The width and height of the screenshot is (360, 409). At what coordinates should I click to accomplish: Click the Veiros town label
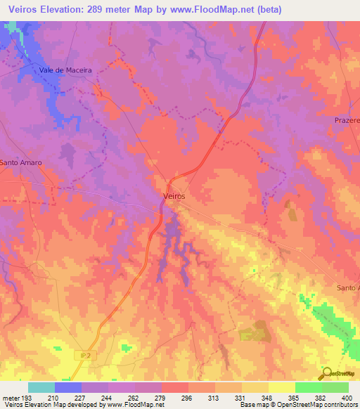pos(174,197)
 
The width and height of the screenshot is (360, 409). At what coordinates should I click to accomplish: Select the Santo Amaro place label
pos(21,162)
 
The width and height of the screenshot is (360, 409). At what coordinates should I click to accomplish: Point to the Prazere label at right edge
pos(346,120)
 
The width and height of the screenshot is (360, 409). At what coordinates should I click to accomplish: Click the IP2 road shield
pos(85,356)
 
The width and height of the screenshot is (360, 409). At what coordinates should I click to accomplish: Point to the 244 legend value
pos(108,398)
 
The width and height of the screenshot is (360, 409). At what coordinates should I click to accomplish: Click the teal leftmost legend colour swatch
pos(41,387)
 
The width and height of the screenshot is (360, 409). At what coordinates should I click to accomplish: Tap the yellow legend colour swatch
pos(282,387)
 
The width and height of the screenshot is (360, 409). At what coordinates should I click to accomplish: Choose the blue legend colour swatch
pos(68,387)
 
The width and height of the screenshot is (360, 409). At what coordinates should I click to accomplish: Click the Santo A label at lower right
pos(347,288)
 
